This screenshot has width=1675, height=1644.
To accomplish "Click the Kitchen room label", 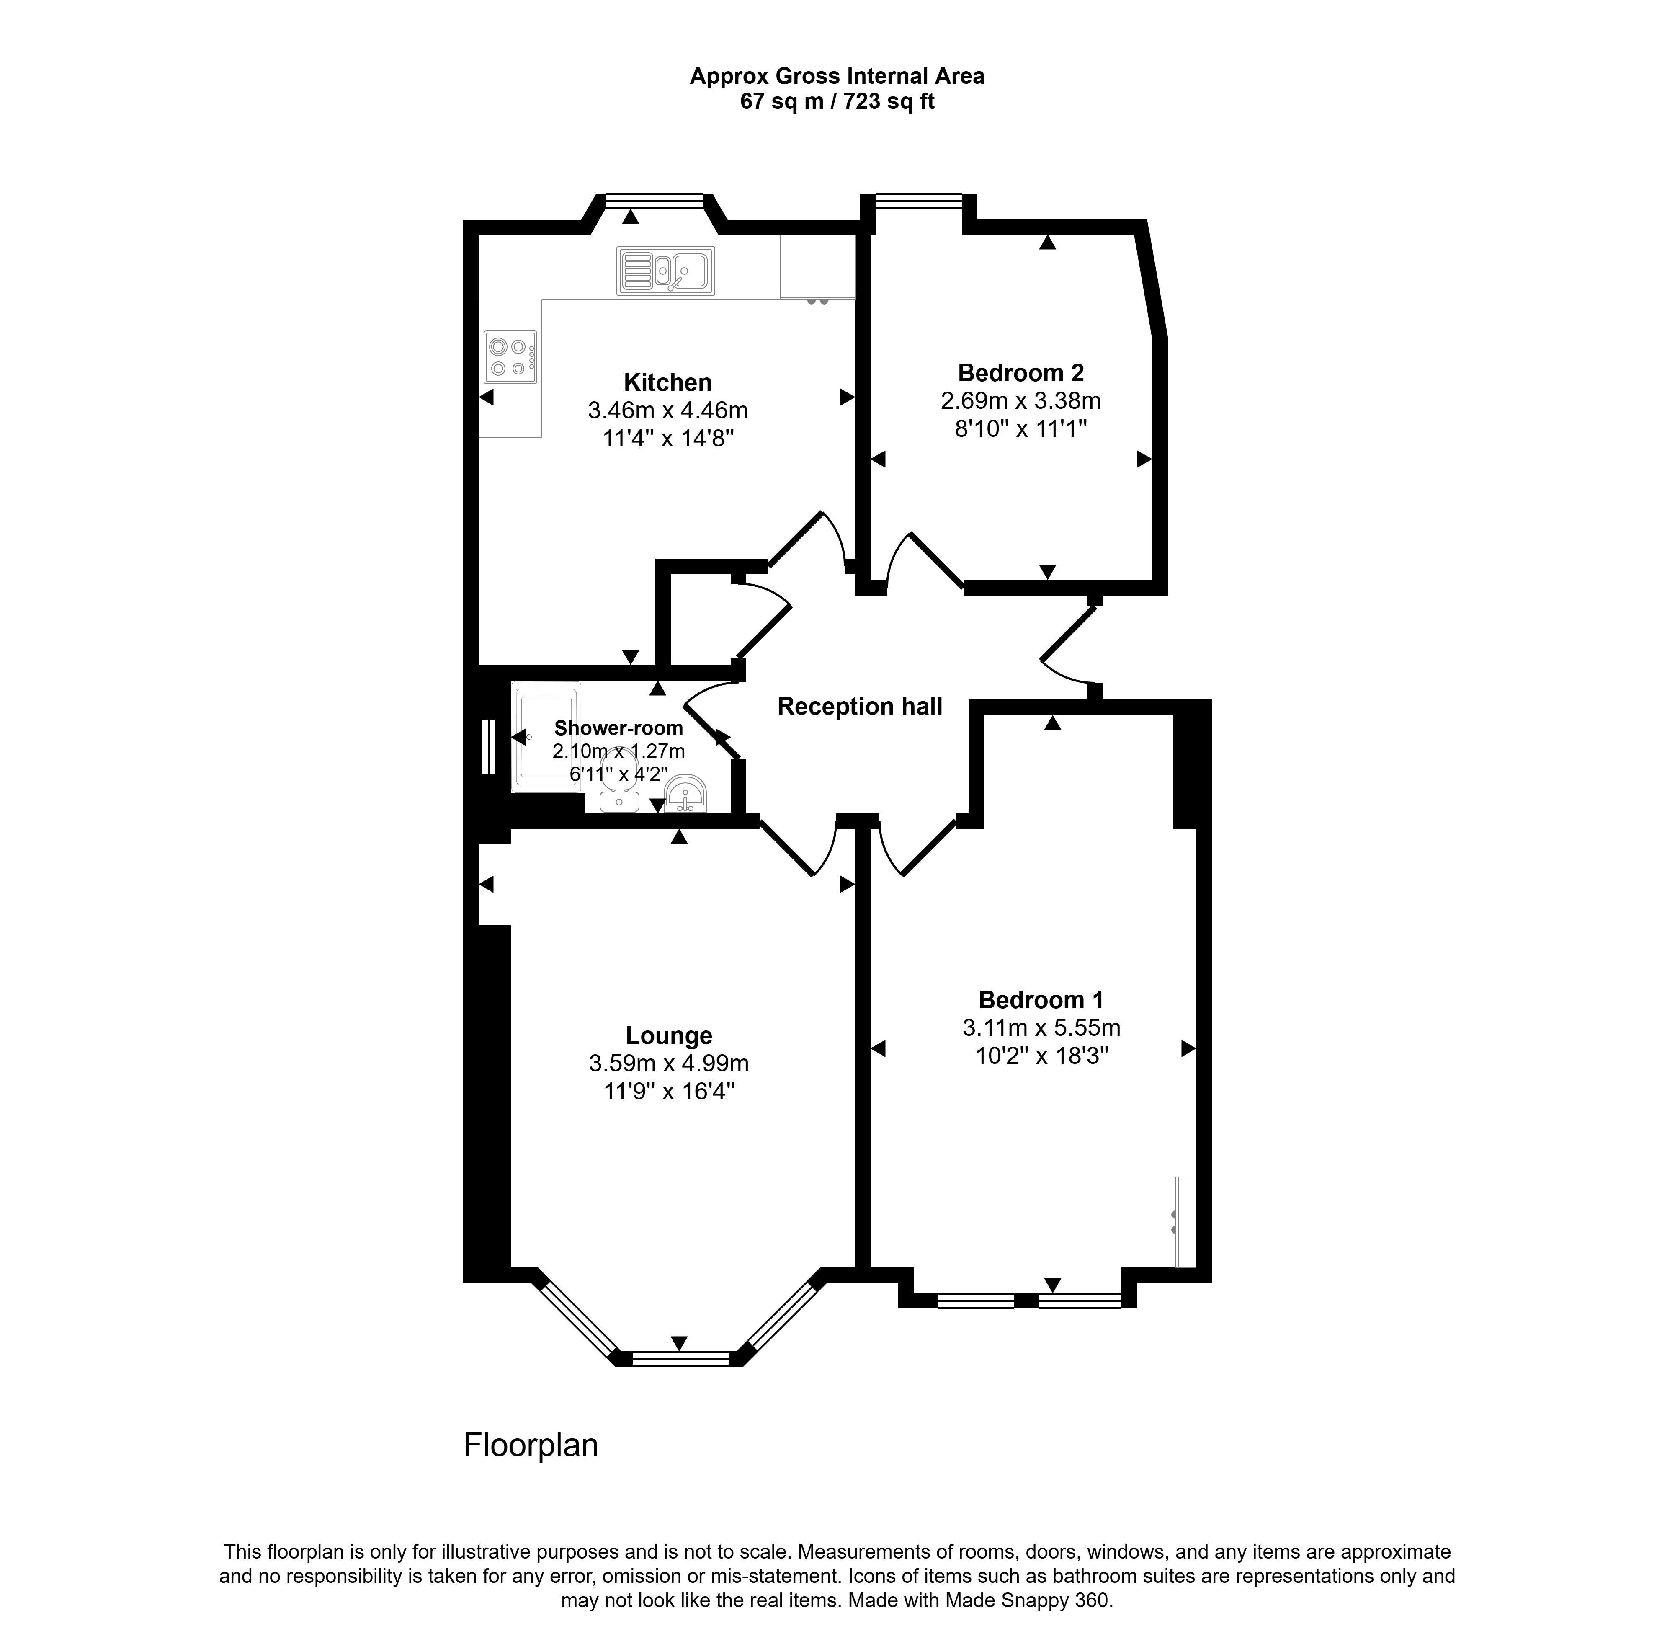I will tap(667, 382).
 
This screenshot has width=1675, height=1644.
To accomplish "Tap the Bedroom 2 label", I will tap(1020, 373).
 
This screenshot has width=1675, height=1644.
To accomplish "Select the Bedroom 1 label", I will tap(1041, 1000).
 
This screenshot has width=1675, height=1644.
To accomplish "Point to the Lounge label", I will tap(668, 1035).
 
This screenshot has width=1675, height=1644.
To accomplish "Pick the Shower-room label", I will tap(618, 728).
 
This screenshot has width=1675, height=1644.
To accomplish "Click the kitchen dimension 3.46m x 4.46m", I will tap(667, 410).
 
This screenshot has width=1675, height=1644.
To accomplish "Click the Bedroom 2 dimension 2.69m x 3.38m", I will tap(1020, 401).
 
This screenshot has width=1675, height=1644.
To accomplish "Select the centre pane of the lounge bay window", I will tap(680, 1358).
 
